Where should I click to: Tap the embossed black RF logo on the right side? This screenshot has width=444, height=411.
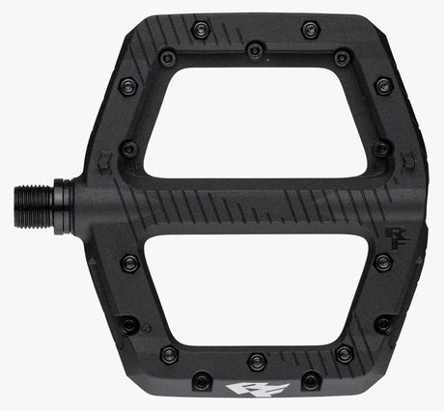(392, 232)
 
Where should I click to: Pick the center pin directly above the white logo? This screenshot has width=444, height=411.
(256, 361)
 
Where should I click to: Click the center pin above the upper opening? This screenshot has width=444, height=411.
(255, 49)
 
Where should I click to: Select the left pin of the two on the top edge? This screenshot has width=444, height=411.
(201, 29)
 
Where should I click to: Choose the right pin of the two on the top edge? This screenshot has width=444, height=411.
(309, 29)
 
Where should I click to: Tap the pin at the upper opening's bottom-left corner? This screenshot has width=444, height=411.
(128, 150)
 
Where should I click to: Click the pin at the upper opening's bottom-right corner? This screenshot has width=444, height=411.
(381, 150)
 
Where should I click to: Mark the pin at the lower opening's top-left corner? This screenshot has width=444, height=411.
(129, 261)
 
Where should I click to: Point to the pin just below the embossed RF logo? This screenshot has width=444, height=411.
(383, 261)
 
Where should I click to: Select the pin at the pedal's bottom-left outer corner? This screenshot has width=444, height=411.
(128, 323)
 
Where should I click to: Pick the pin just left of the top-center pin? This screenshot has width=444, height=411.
(168, 59)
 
